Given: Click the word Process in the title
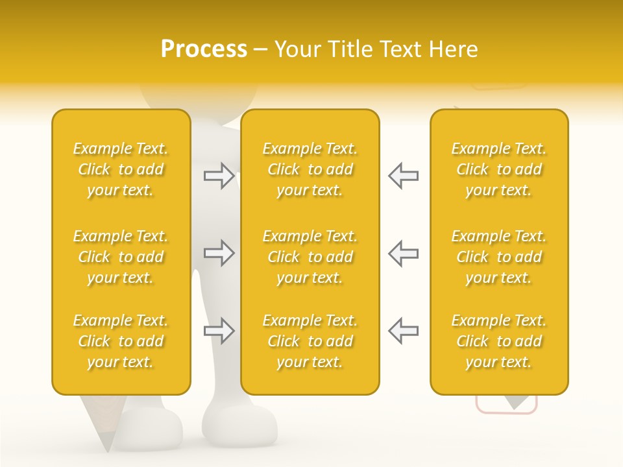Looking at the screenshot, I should point(204,49).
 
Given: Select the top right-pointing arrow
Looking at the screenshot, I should point(219,176).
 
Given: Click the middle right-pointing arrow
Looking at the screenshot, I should point(219,253).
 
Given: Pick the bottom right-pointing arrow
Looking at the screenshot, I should point(219,331).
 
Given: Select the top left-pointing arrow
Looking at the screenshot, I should point(403,176).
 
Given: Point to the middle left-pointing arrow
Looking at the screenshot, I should point(403,253).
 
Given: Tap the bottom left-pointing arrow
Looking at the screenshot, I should point(403,331).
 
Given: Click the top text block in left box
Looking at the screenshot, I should point(121,169).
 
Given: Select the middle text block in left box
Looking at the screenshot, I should point(121,257).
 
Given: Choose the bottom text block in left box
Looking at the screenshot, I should point(121,341).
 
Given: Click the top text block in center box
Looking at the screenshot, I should point(310,169).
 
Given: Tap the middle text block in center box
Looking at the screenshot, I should point(310,257).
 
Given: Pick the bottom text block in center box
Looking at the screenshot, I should point(310,341).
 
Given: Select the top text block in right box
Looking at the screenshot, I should point(498,169).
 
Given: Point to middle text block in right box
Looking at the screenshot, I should point(498,257).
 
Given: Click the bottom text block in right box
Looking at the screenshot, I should point(498,341).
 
